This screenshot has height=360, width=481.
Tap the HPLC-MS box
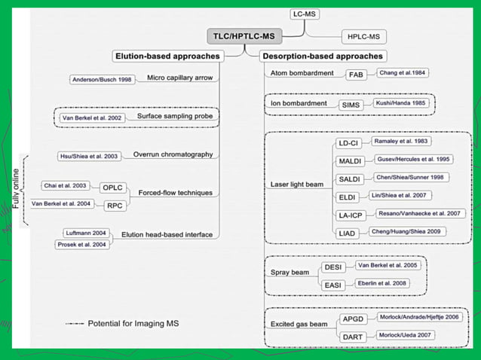point(363,36)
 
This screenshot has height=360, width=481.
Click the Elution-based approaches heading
point(167,56)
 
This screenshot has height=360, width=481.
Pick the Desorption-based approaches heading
point(323,56)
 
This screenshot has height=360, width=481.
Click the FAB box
point(356,75)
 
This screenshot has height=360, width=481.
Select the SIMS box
point(351,104)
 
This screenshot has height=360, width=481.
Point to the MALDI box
point(348,161)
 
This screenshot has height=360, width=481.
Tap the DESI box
point(332,267)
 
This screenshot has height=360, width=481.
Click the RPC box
point(115,205)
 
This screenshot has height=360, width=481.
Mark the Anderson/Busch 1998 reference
point(100,80)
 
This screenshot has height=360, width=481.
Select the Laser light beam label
point(297,185)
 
